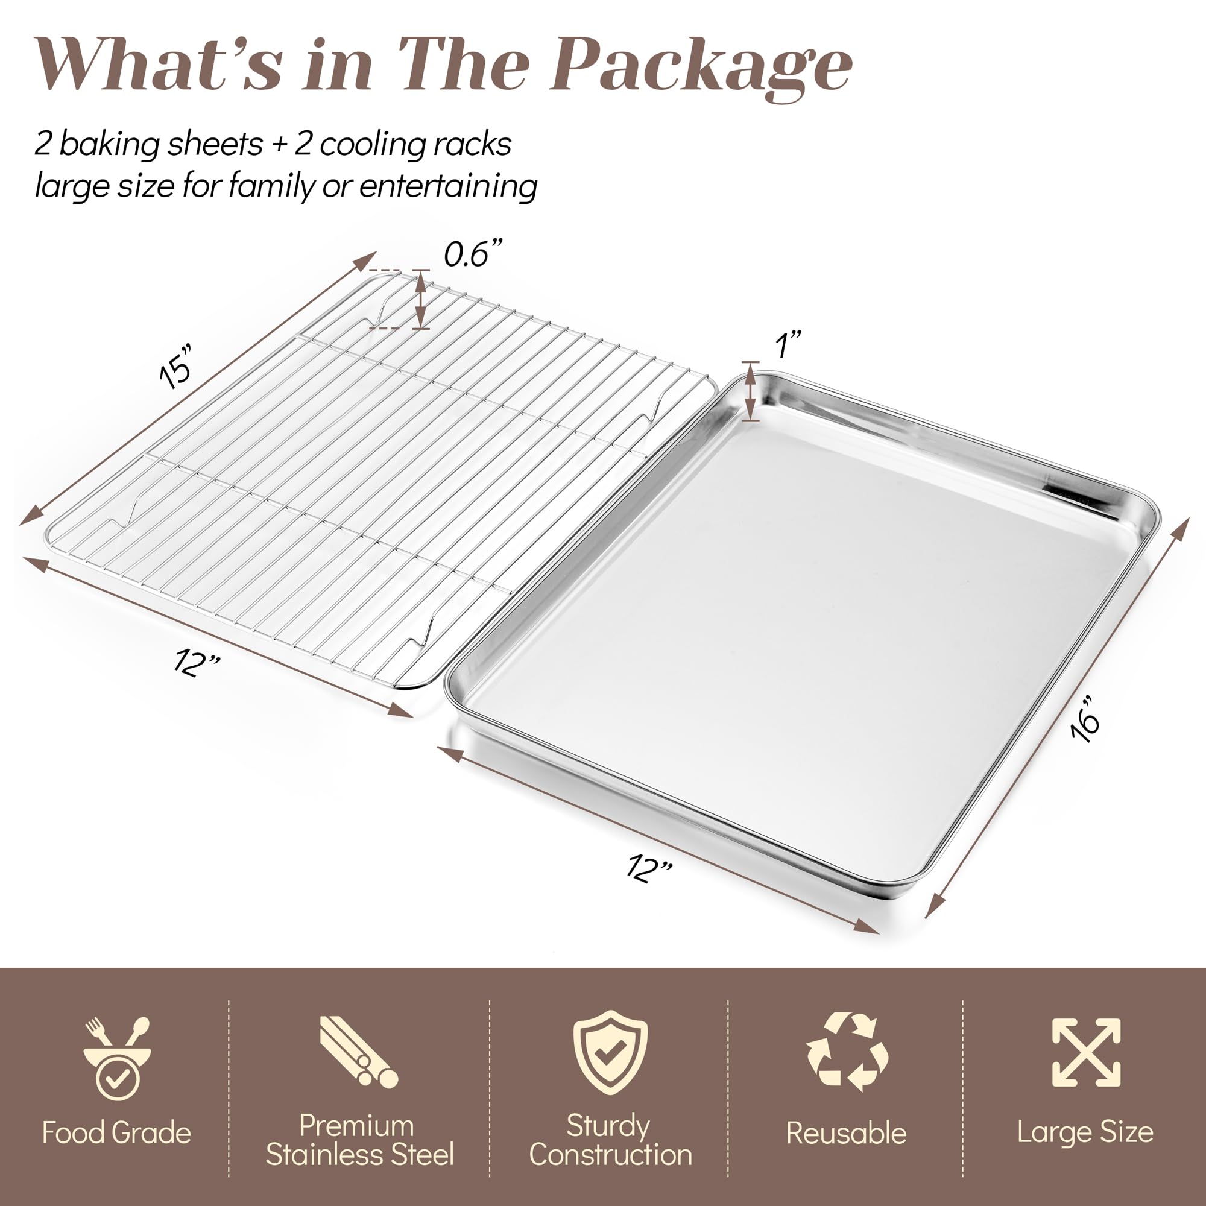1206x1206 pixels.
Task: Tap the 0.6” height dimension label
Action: (x=473, y=253)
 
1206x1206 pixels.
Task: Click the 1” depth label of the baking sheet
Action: (x=787, y=344)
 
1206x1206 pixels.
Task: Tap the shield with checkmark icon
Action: (x=609, y=1052)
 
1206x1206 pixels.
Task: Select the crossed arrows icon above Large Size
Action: (x=1085, y=1053)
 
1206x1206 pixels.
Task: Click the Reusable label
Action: (x=846, y=1134)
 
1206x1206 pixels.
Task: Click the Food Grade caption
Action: (x=117, y=1133)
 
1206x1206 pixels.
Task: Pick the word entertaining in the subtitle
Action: (x=447, y=186)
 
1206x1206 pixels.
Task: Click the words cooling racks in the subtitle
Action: (x=415, y=144)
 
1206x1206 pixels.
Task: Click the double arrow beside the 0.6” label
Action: (x=421, y=300)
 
